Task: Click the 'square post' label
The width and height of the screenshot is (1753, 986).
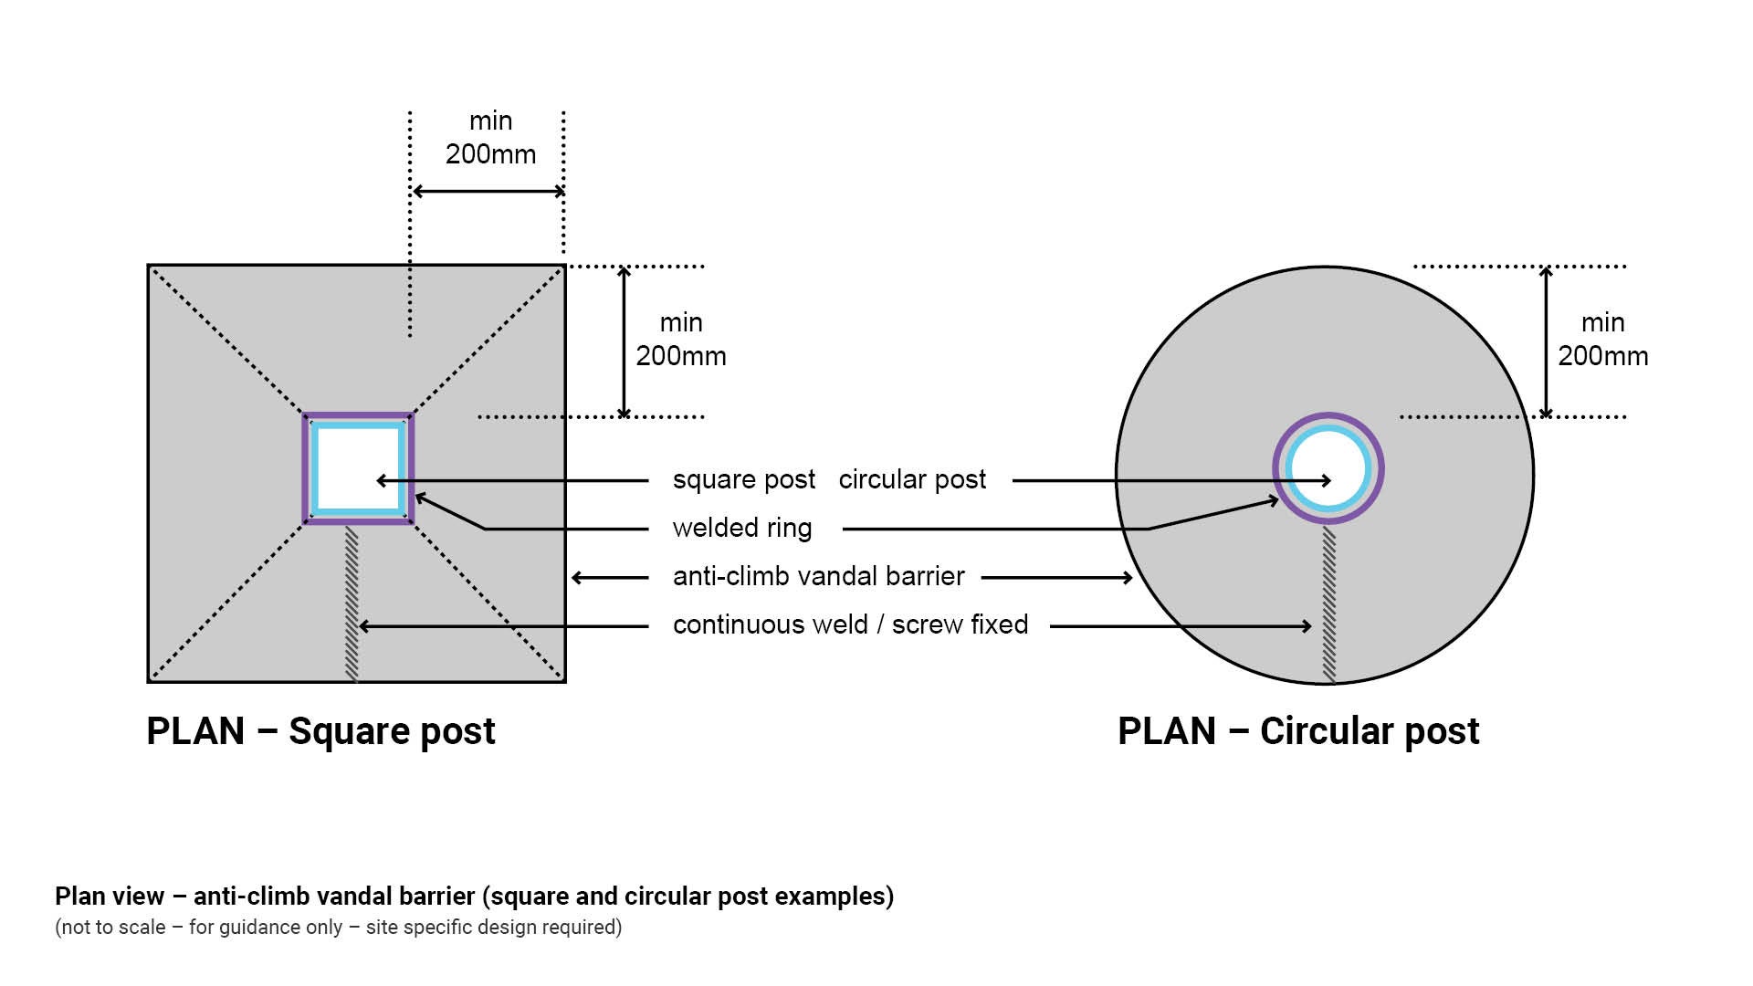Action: (743, 480)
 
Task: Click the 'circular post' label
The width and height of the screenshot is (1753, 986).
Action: (912, 480)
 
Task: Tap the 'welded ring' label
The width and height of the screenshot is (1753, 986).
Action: (741, 529)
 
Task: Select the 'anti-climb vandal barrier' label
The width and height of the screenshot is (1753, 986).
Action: (818, 577)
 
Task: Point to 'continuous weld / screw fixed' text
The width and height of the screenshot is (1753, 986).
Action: (850, 625)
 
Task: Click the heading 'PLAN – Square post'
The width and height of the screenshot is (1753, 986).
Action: (320, 731)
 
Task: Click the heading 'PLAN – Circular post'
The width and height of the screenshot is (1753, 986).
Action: (1298, 731)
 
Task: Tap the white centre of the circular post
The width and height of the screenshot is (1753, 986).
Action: (1328, 468)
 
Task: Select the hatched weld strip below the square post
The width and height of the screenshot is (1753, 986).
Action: (352, 603)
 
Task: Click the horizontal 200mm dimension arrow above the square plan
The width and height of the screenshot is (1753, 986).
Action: (488, 192)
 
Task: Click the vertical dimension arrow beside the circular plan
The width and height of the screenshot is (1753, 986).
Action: (1546, 341)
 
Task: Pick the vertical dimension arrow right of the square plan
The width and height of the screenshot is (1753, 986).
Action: (625, 341)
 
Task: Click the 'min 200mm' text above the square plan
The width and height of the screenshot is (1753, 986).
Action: (490, 138)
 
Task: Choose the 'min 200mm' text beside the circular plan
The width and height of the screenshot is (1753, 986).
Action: (1602, 340)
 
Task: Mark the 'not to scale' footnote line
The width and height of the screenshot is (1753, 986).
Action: (338, 928)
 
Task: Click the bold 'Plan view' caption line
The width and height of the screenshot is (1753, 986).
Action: (474, 897)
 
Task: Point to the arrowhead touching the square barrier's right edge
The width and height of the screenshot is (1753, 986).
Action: (576, 578)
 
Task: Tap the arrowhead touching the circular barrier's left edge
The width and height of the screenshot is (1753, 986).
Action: (1128, 578)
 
